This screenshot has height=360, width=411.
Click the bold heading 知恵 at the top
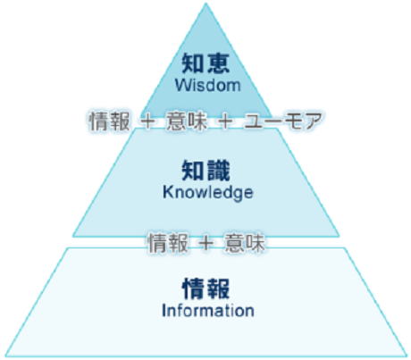[x=205, y=63]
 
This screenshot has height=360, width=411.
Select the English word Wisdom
[x=207, y=85]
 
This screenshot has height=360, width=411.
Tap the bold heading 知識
[x=205, y=171]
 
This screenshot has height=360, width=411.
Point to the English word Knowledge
[x=208, y=192]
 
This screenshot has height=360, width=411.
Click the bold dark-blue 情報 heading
[x=205, y=289]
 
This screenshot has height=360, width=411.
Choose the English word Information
[x=208, y=310]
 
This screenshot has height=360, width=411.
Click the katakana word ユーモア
[x=283, y=121]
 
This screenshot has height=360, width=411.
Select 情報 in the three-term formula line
[x=110, y=121]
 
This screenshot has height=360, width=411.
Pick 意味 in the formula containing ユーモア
[x=187, y=121]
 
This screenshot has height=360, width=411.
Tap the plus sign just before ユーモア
[x=225, y=121]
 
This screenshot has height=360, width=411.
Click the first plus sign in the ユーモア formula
[x=148, y=121]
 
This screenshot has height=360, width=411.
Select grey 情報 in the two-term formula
[x=168, y=243]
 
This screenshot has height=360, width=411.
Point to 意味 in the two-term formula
[x=245, y=243]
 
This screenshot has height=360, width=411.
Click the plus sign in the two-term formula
[x=206, y=243]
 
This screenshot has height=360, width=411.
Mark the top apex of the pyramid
[x=205, y=4]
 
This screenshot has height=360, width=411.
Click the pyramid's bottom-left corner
[x=6, y=356]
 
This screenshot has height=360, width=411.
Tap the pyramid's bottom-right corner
[x=407, y=356]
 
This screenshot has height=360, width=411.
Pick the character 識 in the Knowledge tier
[x=219, y=171]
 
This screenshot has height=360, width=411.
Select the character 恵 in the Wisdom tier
[x=219, y=63]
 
